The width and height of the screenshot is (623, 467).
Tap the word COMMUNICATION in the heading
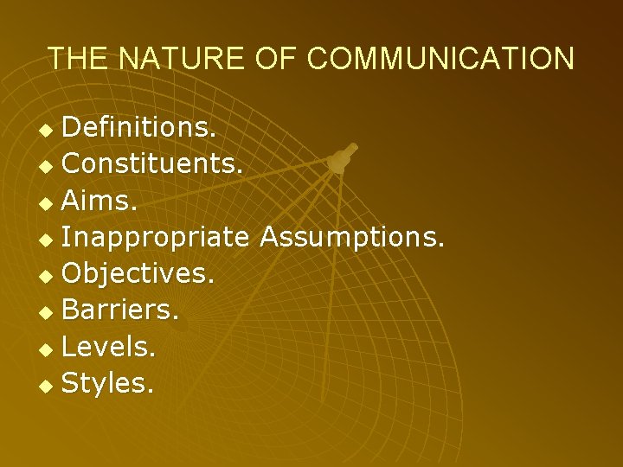440,58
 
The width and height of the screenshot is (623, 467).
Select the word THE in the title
78,58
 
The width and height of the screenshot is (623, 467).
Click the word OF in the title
275,58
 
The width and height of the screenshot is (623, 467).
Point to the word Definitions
139,128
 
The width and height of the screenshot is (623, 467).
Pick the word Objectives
138,274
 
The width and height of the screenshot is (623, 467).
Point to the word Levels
109,347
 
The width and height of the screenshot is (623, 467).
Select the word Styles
108,383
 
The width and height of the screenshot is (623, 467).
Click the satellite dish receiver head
341,158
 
